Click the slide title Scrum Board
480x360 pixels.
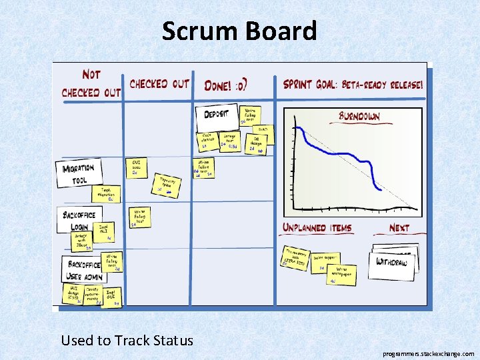239,31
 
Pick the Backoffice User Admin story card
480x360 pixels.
83,269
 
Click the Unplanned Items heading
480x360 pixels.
317,227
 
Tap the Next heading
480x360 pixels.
399,228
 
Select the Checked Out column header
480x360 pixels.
159,84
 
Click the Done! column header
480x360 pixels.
226,85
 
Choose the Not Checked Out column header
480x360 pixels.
91,85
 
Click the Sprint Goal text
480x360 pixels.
353,85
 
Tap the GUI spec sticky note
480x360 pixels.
136,167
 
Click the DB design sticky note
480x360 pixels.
258,143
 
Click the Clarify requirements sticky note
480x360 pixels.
92,294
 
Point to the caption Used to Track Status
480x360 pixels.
127,341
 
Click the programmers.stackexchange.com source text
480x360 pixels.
429,354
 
